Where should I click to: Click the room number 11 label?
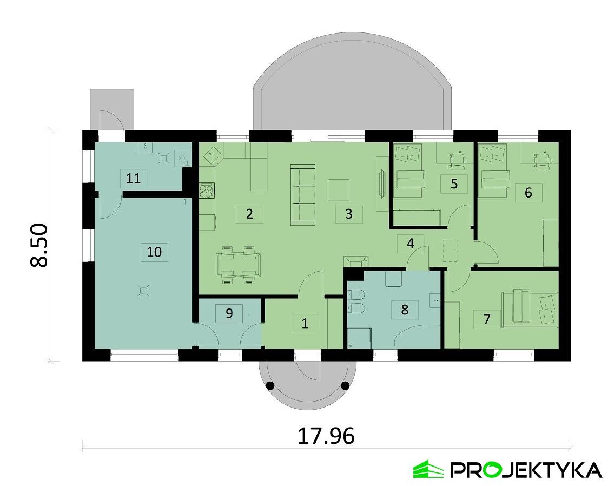[x=133, y=178]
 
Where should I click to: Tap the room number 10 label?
[x=154, y=252]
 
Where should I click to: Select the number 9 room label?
[x=229, y=314]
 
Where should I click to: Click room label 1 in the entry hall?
[x=305, y=324]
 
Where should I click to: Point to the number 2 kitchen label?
[x=249, y=214]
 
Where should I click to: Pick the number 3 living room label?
[x=348, y=214]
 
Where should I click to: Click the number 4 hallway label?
[x=411, y=244]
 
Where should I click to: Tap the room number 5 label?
[x=454, y=184]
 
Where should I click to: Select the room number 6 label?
[x=528, y=192]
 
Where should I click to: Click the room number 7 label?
[x=487, y=319]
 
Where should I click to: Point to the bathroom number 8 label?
[x=404, y=310]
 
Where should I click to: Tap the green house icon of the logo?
[x=427, y=469]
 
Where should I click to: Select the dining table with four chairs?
[x=238, y=265]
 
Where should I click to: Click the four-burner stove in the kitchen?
[x=207, y=191]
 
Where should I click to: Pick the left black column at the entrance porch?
[x=269, y=386]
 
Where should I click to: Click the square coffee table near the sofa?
[x=339, y=190]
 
